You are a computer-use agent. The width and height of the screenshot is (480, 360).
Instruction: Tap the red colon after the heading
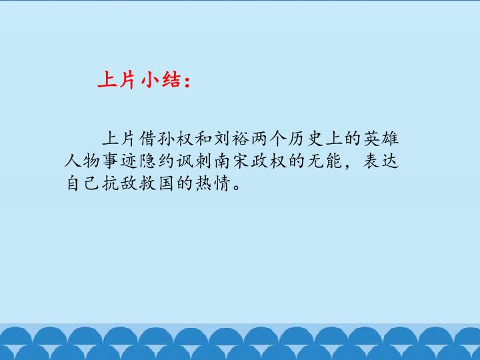[187, 82]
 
